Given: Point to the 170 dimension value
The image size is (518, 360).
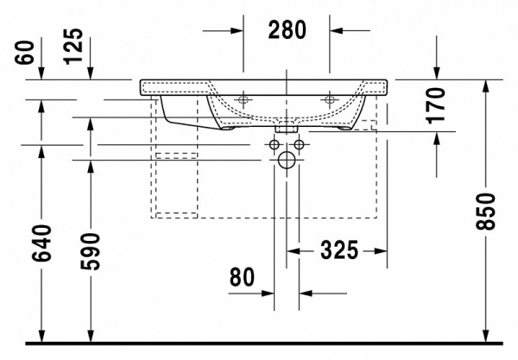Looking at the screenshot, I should [x=437, y=104].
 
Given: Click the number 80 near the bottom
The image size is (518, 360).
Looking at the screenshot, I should [x=243, y=278].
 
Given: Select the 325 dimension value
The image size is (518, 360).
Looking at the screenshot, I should [x=338, y=251].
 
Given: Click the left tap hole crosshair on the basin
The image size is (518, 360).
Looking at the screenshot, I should [x=244, y=99].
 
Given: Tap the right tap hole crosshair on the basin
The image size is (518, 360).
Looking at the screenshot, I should [x=328, y=99].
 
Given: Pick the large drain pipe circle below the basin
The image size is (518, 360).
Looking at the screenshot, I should [x=287, y=160].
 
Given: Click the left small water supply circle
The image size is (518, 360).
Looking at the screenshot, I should [x=275, y=143].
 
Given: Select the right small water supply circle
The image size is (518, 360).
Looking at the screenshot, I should [x=298, y=143].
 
